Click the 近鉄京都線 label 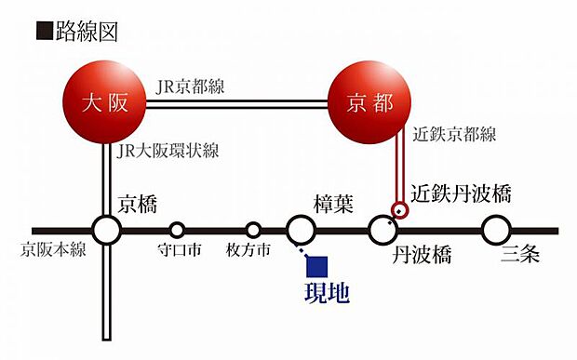click(453, 136)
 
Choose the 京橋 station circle click(107, 230)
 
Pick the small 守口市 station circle click(177, 230)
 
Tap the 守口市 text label click(177, 251)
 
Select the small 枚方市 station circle click(253, 230)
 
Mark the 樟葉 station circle click(301, 230)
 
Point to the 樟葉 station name click(334, 204)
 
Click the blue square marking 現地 click(318, 268)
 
